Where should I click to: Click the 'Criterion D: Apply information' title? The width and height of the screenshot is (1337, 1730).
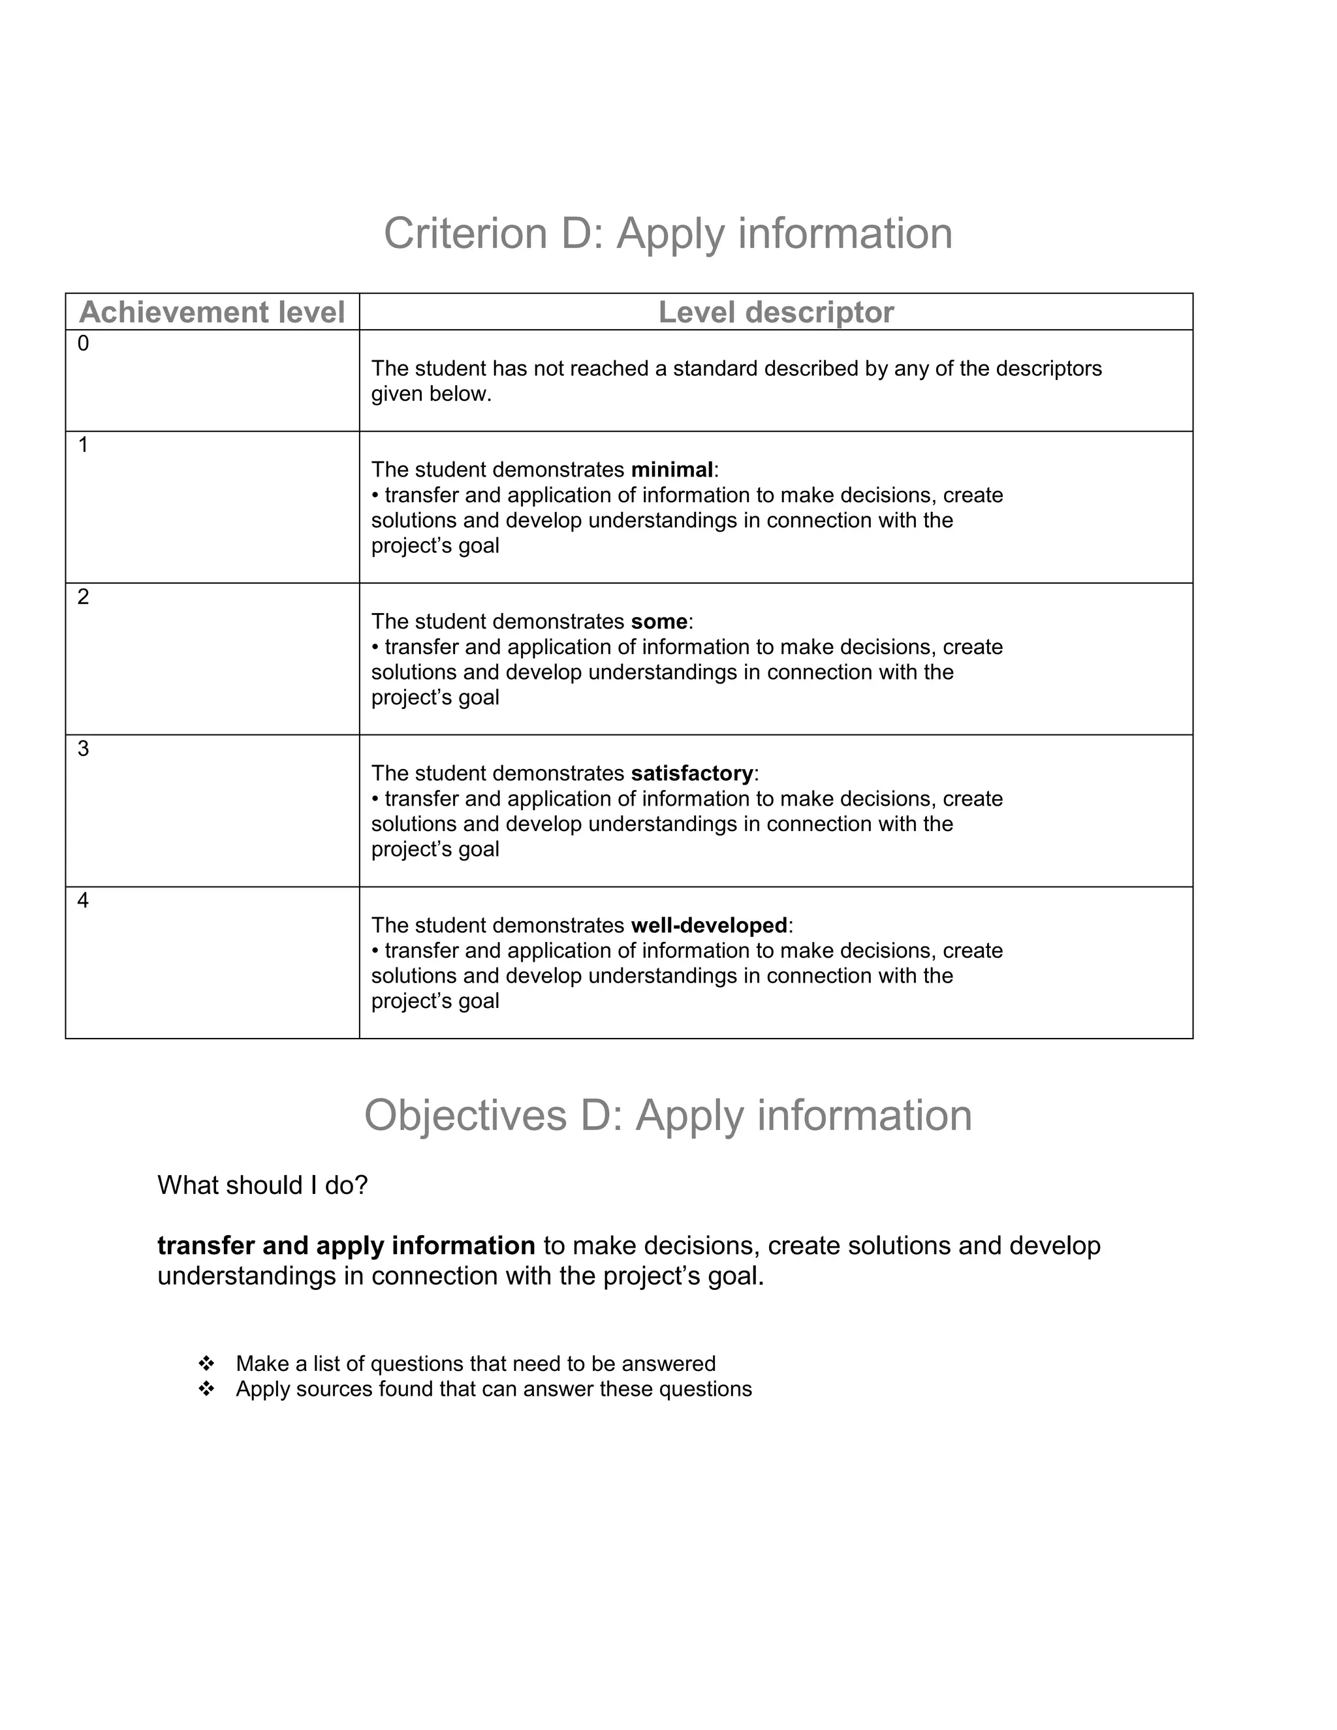click(x=668, y=234)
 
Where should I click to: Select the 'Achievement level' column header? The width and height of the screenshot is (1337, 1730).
click(x=212, y=312)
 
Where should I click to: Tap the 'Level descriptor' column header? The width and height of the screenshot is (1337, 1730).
click(x=776, y=312)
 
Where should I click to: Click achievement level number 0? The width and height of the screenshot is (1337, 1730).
click(x=83, y=344)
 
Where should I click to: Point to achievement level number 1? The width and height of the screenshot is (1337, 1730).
click(x=83, y=445)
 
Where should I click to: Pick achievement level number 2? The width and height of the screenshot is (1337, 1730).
click(x=83, y=597)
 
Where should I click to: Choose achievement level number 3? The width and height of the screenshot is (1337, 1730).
click(x=83, y=749)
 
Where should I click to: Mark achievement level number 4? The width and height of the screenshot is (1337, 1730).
click(x=83, y=901)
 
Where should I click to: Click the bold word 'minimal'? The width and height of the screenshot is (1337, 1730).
click(x=672, y=470)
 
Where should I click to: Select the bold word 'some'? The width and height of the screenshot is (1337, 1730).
click(x=659, y=621)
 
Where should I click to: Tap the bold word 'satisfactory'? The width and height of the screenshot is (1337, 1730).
click(x=691, y=773)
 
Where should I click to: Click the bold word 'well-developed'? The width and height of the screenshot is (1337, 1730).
click(x=709, y=925)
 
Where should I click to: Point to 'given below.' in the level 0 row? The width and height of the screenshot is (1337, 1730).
click(x=431, y=394)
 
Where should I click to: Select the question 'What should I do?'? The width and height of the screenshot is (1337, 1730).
click(x=262, y=1186)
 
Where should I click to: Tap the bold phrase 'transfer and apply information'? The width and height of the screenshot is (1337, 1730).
click(x=346, y=1246)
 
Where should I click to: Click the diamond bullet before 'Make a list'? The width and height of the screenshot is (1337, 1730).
click(x=206, y=1364)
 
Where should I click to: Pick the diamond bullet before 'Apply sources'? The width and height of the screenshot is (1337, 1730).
click(x=206, y=1389)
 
